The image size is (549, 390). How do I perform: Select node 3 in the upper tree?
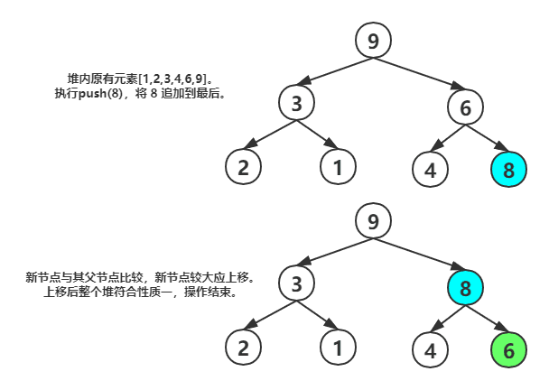[297, 104]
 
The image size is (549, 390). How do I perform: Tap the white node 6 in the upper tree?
[466, 108]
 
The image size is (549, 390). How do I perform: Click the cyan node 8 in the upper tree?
[508, 169]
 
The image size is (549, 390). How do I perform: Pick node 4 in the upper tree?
[430, 170]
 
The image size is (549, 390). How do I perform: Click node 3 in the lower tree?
[297, 284]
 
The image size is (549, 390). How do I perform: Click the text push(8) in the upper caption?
[100, 93]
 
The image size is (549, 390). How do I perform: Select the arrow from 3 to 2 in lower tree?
[268, 317]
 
